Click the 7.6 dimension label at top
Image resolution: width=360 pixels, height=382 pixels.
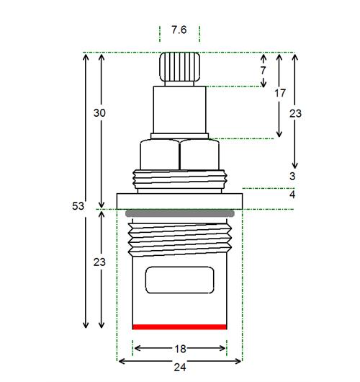(x=179, y=30)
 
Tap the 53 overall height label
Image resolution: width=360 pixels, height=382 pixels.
(x=78, y=206)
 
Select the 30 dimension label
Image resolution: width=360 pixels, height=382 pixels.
(x=99, y=113)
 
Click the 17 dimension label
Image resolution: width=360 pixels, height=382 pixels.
(x=280, y=93)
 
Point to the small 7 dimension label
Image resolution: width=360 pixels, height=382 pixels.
(x=263, y=71)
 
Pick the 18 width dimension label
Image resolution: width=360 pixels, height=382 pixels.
(x=181, y=349)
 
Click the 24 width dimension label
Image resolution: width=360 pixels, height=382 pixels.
(x=180, y=367)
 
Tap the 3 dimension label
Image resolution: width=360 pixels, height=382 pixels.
(x=292, y=176)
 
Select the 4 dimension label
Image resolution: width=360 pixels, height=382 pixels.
(x=292, y=195)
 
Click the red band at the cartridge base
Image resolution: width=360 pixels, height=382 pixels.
(x=179, y=327)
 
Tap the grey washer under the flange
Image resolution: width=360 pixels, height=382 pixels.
(x=180, y=213)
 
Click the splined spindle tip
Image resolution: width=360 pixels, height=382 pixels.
(x=180, y=67)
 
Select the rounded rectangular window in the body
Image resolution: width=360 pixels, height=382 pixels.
(x=179, y=280)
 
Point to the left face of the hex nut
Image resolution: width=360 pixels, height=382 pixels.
(x=159, y=154)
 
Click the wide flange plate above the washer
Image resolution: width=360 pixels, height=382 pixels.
(x=179, y=201)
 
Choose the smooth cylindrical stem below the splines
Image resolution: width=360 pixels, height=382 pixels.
(x=179, y=110)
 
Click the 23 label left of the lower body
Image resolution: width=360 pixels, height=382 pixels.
(x=99, y=262)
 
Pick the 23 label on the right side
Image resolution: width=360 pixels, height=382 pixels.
(x=295, y=114)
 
